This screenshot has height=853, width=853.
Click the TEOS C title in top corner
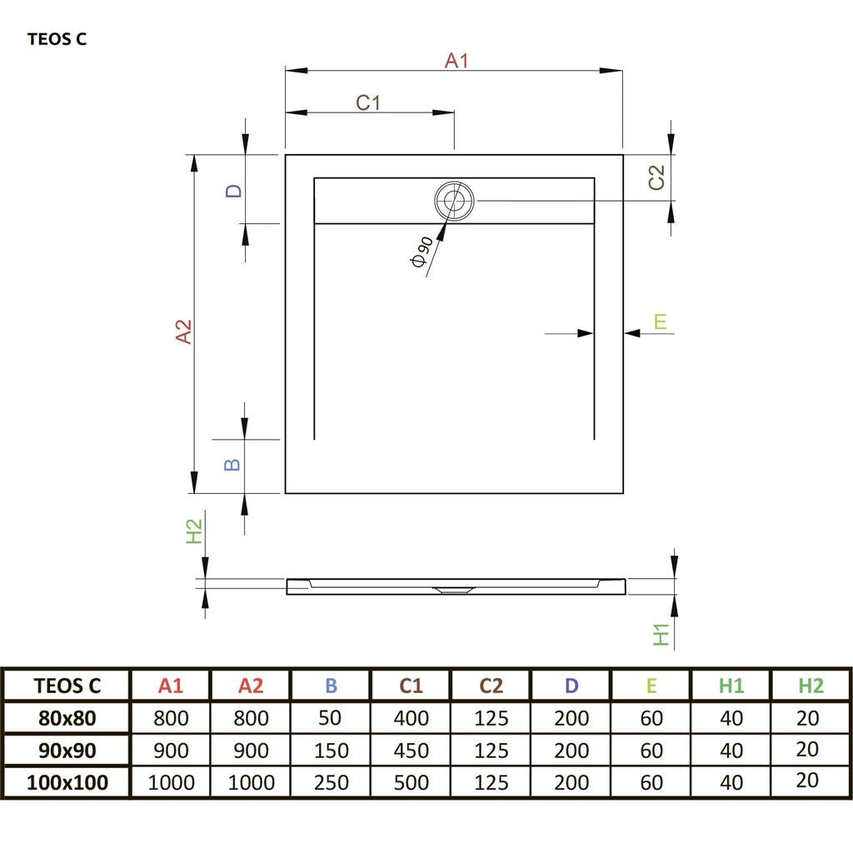pyautogui.click(x=57, y=38)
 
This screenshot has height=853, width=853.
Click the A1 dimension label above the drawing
pyautogui.click(x=456, y=60)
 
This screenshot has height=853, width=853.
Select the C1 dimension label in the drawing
pyautogui.click(x=368, y=102)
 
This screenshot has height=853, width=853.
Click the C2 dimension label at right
pyautogui.click(x=657, y=177)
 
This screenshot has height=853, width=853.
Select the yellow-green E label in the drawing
pyautogui.click(x=661, y=322)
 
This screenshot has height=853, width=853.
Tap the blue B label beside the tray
pyautogui.click(x=234, y=464)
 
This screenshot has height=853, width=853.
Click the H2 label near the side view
pyautogui.click(x=193, y=531)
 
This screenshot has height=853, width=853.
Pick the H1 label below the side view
pyautogui.click(x=661, y=633)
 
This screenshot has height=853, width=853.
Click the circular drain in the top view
pyautogui.click(x=454, y=201)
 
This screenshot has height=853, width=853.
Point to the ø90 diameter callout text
pyautogui.click(x=422, y=251)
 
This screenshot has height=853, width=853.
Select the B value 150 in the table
pyautogui.click(x=331, y=750)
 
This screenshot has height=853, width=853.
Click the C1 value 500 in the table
pyautogui.click(x=411, y=782)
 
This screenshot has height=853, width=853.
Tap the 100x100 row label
pyautogui.click(x=67, y=782)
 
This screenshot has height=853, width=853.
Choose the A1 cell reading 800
pyautogui.click(x=171, y=717)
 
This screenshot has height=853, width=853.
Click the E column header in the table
pyautogui.click(x=651, y=686)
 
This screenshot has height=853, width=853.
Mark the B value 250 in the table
pyautogui.click(x=331, y=782)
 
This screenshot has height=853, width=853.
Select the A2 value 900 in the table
pyautogui.click(x=250, y=750)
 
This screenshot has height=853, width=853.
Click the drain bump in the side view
pyautogui.click(x=454, y=589)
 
